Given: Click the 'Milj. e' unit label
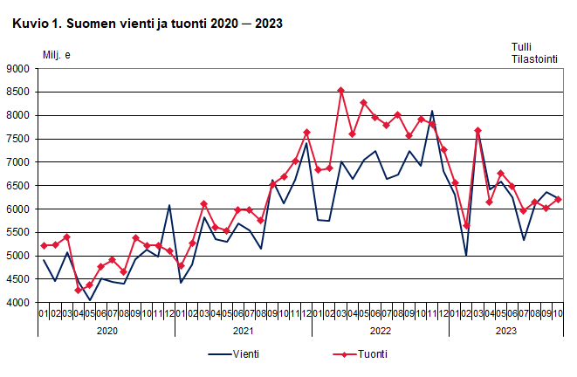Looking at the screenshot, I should tap(57, 55).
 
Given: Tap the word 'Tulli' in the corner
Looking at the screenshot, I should tap(522, 47).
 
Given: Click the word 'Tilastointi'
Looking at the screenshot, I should tap(534, 59).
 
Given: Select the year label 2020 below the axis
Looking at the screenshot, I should tap(106, 331).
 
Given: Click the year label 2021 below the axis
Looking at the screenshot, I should tap(244, 331).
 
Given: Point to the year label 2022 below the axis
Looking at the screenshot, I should tap(381, 331).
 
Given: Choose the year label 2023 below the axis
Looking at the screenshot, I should tap(506, 331).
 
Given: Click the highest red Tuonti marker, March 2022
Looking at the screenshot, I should tap(340, 90).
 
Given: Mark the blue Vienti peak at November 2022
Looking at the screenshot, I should tap(432, 112).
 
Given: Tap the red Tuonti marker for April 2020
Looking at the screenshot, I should tap(78, 290).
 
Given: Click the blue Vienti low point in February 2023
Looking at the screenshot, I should tap(466, 256).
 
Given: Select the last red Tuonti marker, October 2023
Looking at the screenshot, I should tap(558, 199).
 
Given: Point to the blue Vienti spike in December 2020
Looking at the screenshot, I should tap(169, 205).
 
